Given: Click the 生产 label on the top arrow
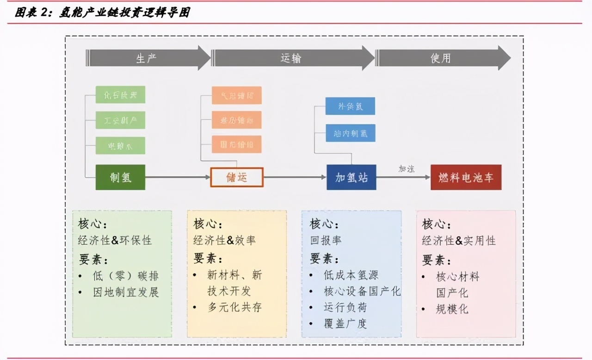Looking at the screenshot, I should [146, 59].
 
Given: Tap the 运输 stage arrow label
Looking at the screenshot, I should [291, 59].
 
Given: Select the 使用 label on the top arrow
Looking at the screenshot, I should [440, 59].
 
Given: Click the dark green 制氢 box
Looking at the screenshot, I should [120, 177].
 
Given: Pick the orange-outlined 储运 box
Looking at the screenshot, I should [237, 177].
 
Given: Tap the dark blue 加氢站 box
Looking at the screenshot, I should [351, 177].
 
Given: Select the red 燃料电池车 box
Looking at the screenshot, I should [466, 177].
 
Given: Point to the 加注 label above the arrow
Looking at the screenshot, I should [407, 169].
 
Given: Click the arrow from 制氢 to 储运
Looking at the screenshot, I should [178, 177].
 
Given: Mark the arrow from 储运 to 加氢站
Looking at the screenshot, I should [295, 177].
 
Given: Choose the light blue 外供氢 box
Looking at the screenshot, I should [350, 106].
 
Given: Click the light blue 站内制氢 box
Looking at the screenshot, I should [350, 133].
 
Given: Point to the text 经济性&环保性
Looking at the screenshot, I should [115, 241].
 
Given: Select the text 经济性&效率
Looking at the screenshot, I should [224, 241].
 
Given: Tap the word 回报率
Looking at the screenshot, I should [326, 241].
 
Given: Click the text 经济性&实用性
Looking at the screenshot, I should [459, 241].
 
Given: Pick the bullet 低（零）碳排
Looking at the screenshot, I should [125, 276].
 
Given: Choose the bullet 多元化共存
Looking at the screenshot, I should [234, 307].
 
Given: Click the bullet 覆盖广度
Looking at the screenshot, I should [345, 323].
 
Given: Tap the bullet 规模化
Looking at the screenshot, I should [452, 309].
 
